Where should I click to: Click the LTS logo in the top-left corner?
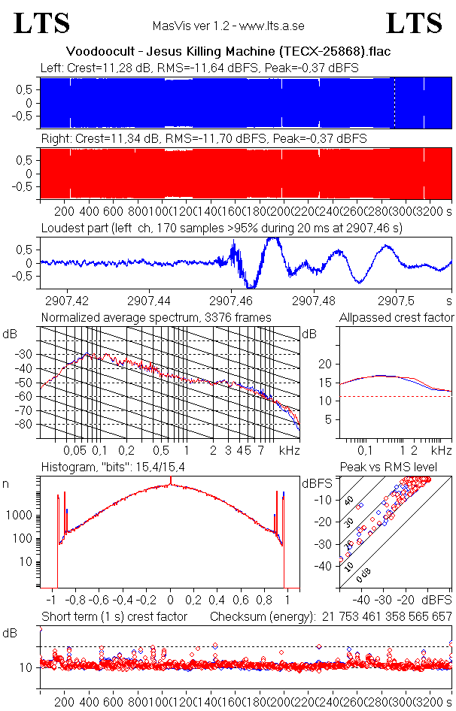(42, 23)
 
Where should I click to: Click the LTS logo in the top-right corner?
(414, 23)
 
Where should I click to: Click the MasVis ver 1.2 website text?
(228, 26)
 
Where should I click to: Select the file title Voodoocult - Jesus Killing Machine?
(228, 52)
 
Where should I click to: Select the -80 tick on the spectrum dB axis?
(28, 425)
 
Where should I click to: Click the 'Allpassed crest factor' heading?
(397, 318)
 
